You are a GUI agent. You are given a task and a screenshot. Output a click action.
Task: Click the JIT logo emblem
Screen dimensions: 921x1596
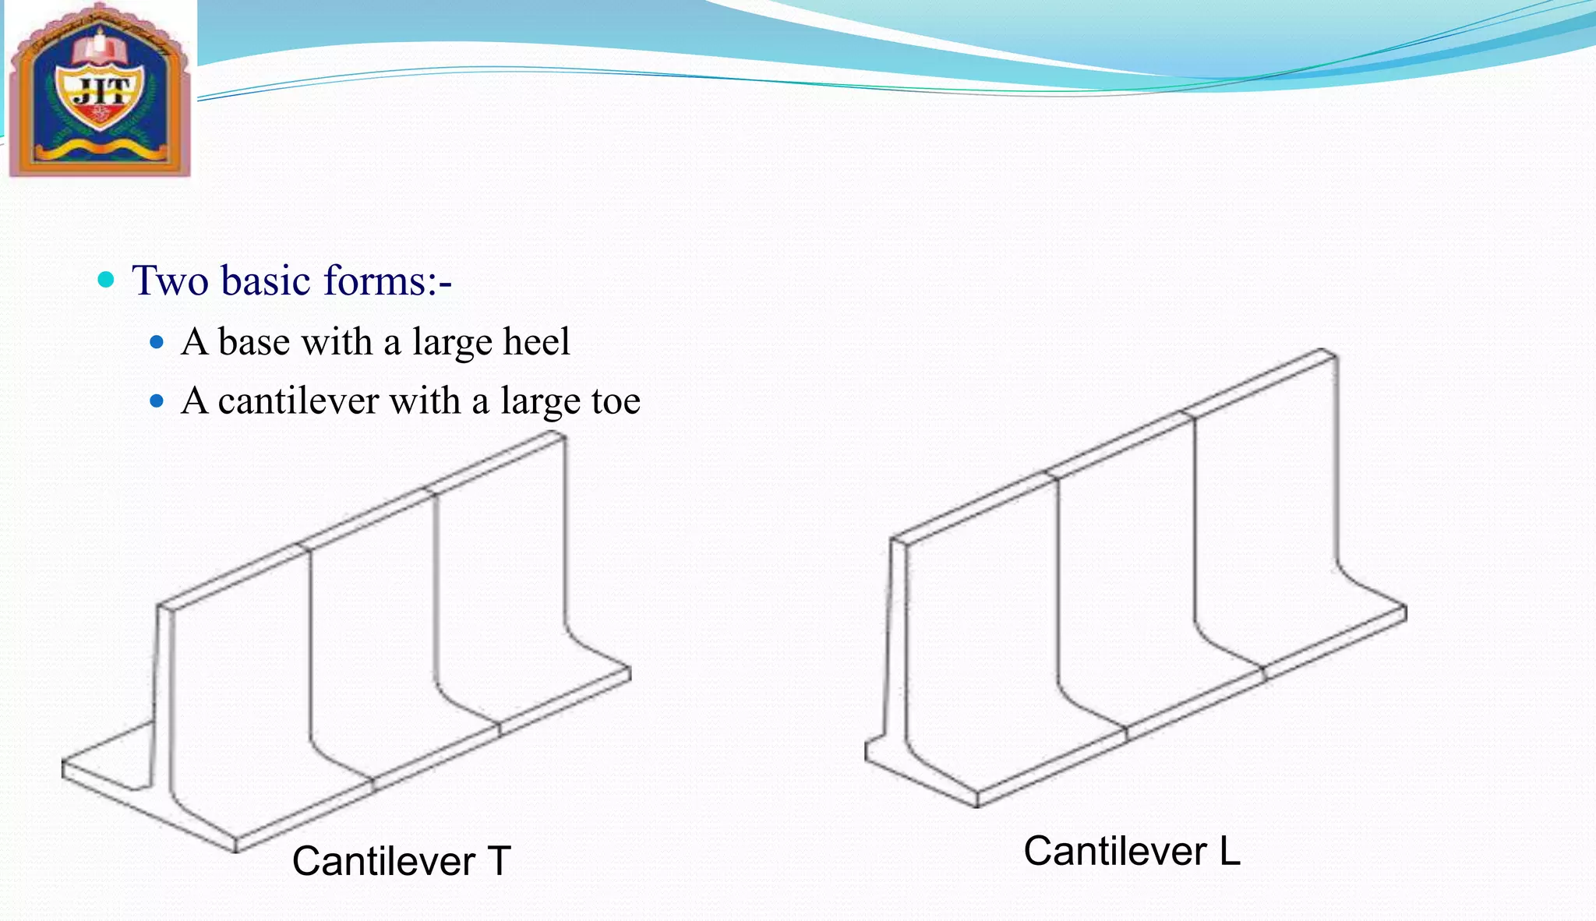[x=100, y=90]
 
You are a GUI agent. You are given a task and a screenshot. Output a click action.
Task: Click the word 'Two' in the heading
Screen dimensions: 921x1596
[x=170, y=281]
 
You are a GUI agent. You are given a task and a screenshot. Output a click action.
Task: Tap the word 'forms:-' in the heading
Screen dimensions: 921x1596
[x=387, y=281]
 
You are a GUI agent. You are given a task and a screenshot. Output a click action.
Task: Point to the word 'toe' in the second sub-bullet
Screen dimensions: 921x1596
[x=616, y=401]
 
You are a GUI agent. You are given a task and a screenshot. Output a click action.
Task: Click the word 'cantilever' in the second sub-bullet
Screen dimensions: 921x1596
[x=298, y=401]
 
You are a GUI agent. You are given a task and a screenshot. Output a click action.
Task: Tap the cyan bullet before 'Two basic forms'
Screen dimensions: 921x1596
[x=106, y=280]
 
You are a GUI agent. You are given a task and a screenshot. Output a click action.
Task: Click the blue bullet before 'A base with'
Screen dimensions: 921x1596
[x=157, y=342]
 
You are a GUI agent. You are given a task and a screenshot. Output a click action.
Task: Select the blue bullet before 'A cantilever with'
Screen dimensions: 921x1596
[x=157, y=401]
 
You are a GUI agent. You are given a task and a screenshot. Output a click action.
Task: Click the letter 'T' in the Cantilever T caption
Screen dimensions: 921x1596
[x=499, y=862]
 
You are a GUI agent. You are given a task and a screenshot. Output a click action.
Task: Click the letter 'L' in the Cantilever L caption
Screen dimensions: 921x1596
[x=1230, y=851]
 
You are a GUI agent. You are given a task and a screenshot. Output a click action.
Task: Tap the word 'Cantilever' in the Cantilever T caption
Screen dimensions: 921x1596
[x=383, y=862]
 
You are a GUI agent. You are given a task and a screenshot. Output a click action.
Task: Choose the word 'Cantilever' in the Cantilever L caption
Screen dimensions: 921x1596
[x=1114, y=851]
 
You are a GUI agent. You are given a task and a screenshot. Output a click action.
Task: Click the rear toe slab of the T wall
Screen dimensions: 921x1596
[x=109, y=752]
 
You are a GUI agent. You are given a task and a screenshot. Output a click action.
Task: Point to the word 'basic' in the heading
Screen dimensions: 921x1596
[x=267, y=281]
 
